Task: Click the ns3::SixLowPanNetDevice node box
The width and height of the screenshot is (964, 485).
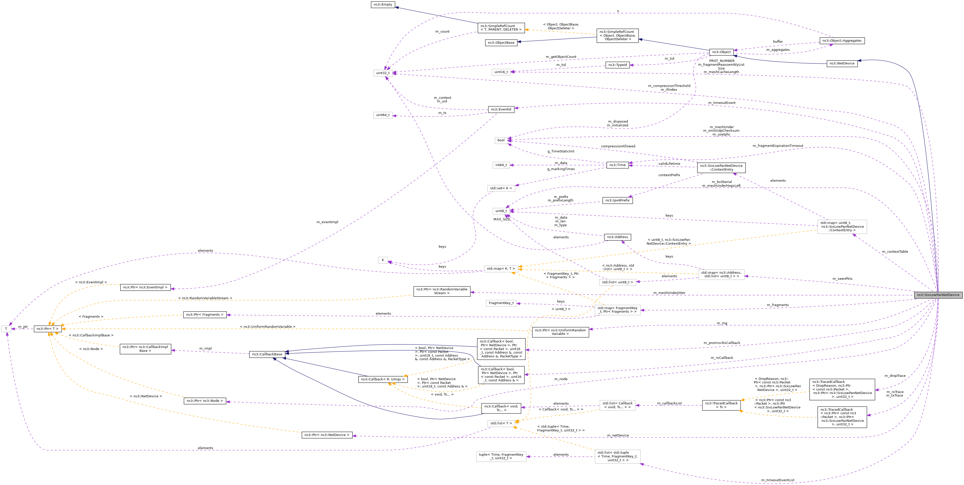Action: coord(938,295)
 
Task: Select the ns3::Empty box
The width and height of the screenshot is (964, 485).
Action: coord(383,5)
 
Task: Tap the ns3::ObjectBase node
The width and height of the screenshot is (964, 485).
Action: coord(501,43)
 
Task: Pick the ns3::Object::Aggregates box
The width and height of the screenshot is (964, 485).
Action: coord(842,41)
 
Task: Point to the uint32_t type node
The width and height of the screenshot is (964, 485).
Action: coord(383,73)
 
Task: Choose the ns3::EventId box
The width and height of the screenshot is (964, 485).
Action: coord(501,109)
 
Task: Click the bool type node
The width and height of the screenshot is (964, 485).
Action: coord(501,140)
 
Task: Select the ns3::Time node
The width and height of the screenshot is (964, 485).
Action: coord(617,165)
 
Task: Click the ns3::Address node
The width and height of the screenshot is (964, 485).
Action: coord(617,237)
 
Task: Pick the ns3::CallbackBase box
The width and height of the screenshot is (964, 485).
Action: coord(267,354)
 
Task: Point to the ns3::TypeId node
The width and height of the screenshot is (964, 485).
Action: coord(617,65)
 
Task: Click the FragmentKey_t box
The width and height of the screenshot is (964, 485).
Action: coord(501,303)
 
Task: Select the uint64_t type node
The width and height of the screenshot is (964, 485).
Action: coord(383,115)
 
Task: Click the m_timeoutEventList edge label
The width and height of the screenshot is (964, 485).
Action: coord(777,480)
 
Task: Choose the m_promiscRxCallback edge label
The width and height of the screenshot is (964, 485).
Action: coord(721,343)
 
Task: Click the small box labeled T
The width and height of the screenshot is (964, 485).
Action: coord(6,329)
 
